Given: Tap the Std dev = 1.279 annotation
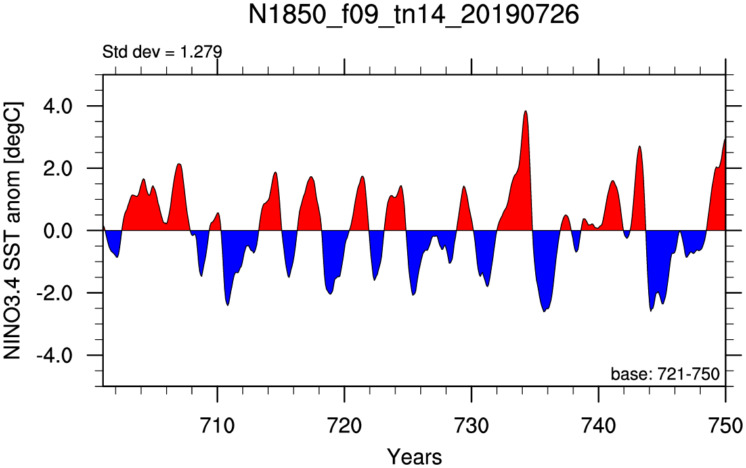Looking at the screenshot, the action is pos(162,51).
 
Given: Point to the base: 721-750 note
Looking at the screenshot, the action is pos(665,374).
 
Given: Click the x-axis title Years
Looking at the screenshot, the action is pos(414,457).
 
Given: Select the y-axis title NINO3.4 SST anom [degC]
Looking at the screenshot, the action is pos(12,231).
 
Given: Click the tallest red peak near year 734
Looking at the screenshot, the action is pos(525,111).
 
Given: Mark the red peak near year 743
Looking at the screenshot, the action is pos(640,146).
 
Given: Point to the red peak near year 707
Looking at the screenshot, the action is pos(179,164).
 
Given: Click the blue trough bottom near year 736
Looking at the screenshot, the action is pos(544,312).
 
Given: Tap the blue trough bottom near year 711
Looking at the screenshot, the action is pos(228,305).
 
